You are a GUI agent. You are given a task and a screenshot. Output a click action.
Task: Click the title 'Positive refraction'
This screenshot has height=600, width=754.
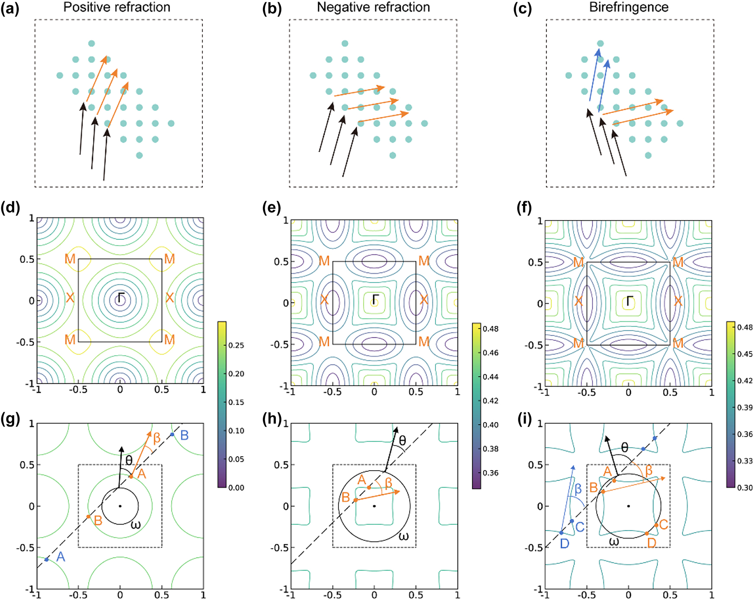[x=117, y=7]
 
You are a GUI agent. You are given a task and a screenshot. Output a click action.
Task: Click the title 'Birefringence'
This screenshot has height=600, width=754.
[x=629, y=7]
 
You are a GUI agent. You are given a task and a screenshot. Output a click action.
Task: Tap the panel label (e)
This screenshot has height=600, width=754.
[x=272, y=208]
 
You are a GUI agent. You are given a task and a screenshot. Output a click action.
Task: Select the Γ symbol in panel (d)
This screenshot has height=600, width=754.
[x=121, y=298]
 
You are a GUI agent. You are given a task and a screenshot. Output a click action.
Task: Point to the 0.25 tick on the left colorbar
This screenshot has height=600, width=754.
[x=236, y=345]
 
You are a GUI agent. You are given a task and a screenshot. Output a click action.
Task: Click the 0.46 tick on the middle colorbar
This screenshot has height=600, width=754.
[x=491, y=353]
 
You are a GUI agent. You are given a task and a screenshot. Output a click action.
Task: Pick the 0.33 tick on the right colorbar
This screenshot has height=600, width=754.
[x=744, y=461]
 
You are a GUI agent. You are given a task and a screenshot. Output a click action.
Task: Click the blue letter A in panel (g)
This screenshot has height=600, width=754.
[x=61, y=556]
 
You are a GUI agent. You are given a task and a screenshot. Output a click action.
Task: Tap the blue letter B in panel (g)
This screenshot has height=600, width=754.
[x=184, y=435]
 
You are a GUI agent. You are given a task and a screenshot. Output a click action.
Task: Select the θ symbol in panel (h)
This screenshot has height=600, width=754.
[x=403, y=441]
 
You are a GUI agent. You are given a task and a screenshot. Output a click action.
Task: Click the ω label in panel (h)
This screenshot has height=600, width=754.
[x=403, y=536]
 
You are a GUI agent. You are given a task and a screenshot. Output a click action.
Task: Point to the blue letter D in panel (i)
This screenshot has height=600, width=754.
[x=565, y=543]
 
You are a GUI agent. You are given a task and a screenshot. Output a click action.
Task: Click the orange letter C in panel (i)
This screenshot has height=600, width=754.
[x=664, y=525]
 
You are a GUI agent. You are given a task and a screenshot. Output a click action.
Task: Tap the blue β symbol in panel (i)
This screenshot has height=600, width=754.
[x=578, y=489]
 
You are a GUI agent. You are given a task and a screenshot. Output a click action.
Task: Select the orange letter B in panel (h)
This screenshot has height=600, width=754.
[x=345, y=497]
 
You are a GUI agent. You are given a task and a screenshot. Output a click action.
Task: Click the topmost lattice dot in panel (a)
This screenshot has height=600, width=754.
[x=91, y=43]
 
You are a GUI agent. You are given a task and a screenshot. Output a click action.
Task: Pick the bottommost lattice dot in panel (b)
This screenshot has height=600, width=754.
[x=393, y=155]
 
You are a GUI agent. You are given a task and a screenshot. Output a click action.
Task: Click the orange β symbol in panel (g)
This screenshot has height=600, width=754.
[x=157, y=438]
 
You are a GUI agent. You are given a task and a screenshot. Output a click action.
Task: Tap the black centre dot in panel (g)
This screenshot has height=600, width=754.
[x=120, y=506]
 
